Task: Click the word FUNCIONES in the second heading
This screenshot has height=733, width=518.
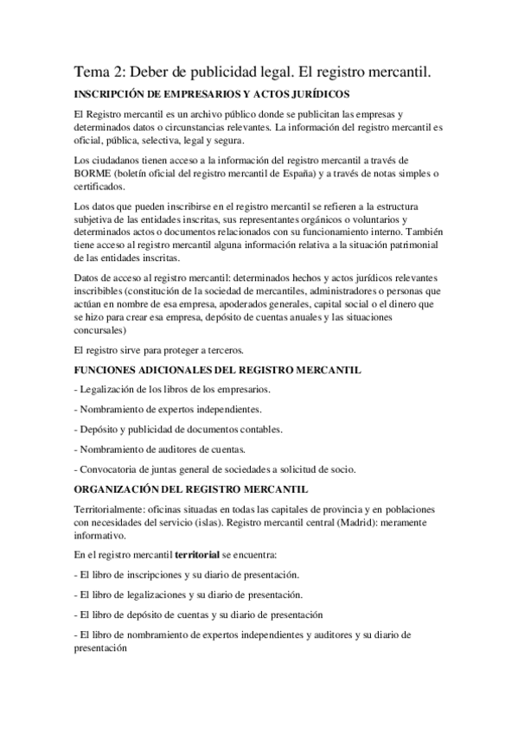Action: [x=113, y=370]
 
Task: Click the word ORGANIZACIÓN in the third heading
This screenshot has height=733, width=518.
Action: [x=121, y=490]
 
